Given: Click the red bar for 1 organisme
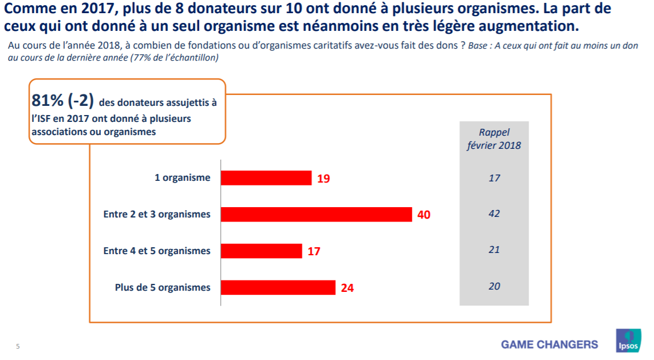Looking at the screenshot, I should click(266, 178).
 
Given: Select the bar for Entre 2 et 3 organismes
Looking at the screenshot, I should click(316, 214).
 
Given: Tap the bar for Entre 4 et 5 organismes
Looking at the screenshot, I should click(261, 251).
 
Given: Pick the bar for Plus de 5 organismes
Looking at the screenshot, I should click(278, 287).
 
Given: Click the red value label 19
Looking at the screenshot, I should click(323, 179).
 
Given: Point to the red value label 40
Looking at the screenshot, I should click(423, 215).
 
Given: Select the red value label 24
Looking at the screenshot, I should click(347, 288).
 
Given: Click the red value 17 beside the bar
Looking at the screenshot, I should click(314, 251).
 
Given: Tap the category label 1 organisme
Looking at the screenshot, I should click(183, 178).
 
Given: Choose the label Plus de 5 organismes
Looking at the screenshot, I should click(162, 287).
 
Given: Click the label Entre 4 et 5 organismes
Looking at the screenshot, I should click(157, 251).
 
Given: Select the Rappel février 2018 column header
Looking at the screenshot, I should click(494, 139).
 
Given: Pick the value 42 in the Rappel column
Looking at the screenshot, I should click(494, 213).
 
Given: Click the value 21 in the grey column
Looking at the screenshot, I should click(494, 250).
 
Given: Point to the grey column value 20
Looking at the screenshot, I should click(494, 286).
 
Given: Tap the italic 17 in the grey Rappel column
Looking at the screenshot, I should click(494, 178).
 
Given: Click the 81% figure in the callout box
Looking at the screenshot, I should click(47, 101).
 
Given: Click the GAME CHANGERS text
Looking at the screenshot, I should click(549, 344).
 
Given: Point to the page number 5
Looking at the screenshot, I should click(18, 346).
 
